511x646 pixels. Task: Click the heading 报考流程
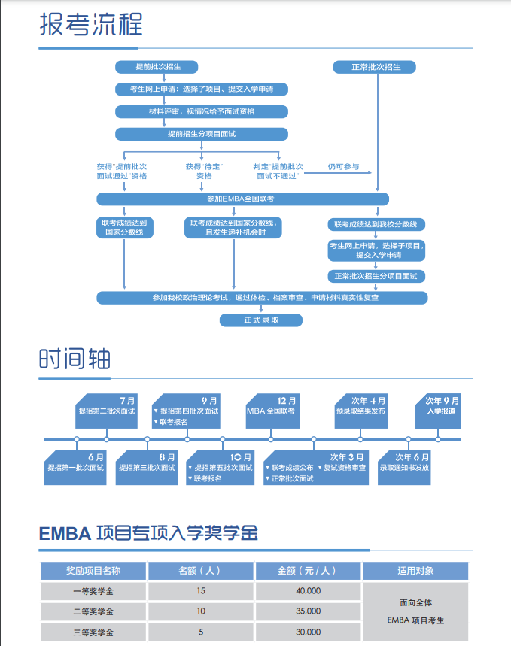[x=90, y=25]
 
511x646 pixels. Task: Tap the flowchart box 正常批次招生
[x=376, y=67]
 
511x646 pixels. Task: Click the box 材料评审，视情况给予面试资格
[x=202, y=111]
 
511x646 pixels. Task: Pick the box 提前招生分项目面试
[x=202, y=134]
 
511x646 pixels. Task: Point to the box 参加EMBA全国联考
[x=242, y=199]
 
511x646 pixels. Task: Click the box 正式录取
[x=261, y=320]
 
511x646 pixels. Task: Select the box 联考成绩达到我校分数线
[x=376, y=224]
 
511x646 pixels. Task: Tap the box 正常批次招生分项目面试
[x=376, y=276]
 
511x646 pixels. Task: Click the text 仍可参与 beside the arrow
[x=343, y=166]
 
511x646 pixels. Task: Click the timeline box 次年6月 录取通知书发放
[x=405, y=463]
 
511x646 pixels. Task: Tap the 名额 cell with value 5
[x=200, y=632]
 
